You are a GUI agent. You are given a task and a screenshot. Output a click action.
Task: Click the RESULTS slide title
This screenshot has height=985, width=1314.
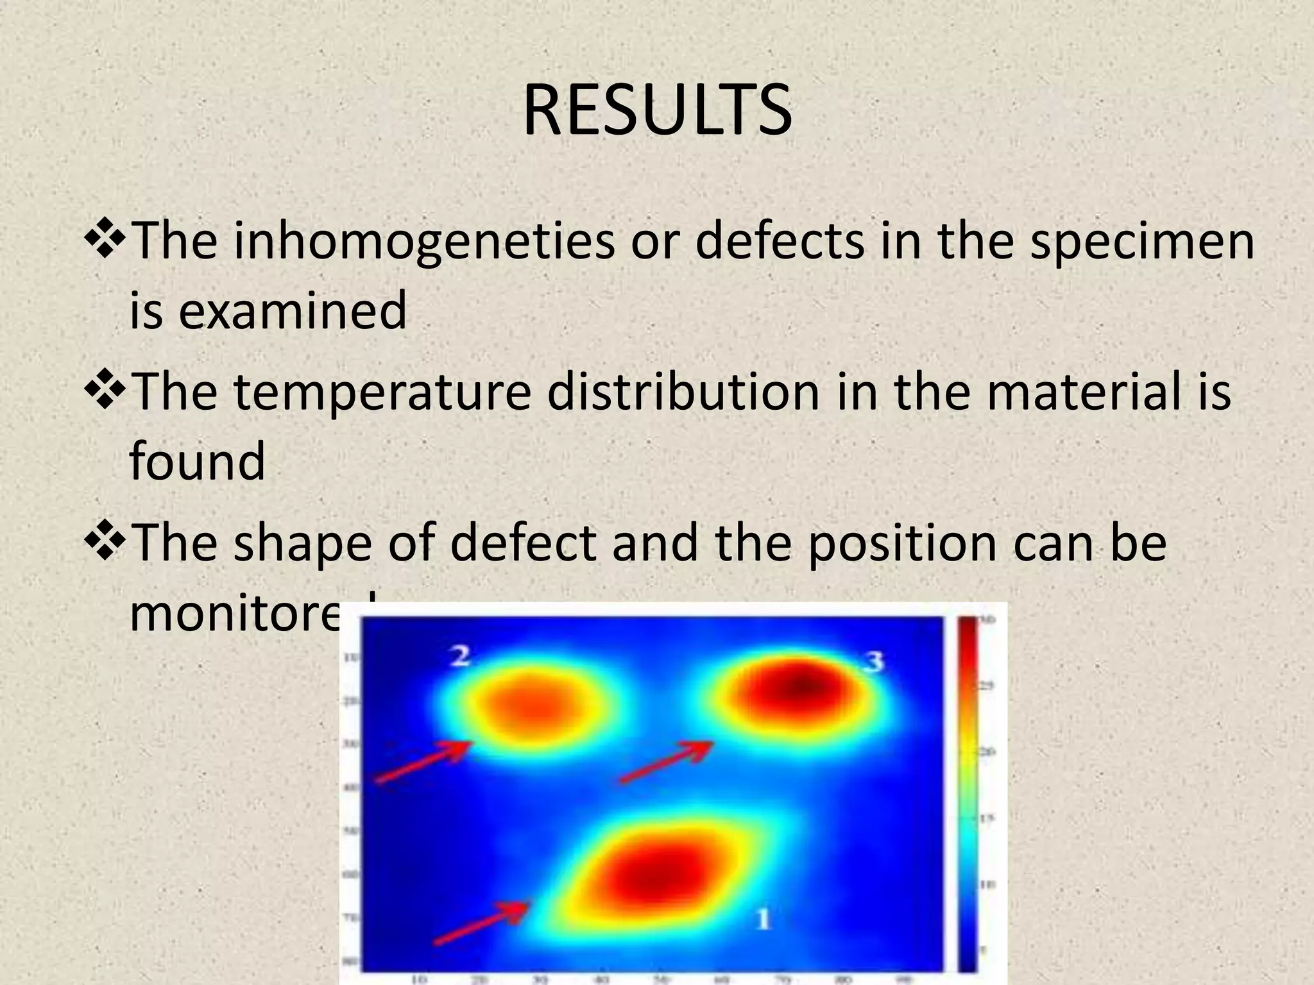[x=657, y=110]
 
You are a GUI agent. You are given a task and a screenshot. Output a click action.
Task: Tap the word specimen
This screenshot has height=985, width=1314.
[x=1142, y=242]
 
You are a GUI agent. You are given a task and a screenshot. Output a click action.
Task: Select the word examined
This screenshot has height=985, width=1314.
[x=292, y=310]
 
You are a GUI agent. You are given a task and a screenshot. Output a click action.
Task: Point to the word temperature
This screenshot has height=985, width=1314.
[x=382, y=392]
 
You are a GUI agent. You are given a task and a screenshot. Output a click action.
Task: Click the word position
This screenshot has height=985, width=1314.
[x=901, y=544]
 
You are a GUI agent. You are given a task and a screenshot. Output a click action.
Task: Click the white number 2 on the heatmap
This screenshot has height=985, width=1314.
[x=459, y=657]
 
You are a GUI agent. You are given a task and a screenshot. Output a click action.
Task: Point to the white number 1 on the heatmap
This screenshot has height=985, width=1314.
[x=762, y=919]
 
